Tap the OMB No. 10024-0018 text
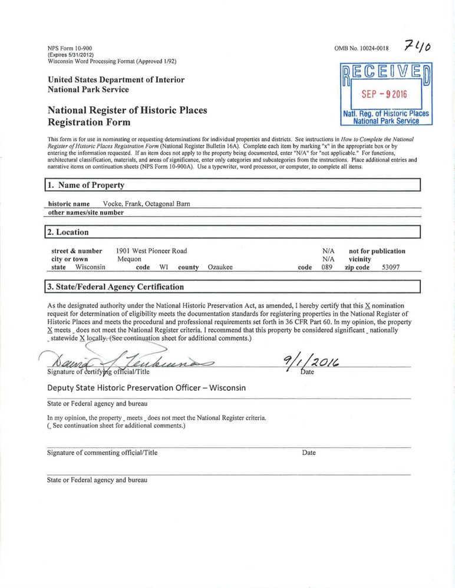pos(361,48)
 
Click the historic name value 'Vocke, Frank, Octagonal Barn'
pos(146,204)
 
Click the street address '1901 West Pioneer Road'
pos(152,251)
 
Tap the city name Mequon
pos(129,259)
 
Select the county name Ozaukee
pos(220,267)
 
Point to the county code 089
pos(328,267)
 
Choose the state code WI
pos(164,267)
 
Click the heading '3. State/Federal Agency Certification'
pos(116,287)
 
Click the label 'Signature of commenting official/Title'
pos(102,453)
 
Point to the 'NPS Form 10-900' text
pos(69,48)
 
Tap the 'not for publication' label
pos(377,251)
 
